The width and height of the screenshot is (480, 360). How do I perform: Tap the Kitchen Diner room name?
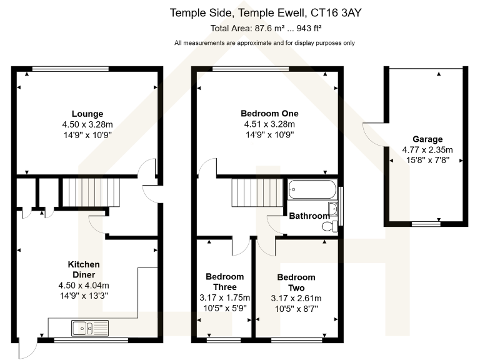(87, 269)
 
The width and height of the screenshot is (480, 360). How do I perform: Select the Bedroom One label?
(269, 114)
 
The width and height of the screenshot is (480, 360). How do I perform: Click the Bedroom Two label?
(296, 282)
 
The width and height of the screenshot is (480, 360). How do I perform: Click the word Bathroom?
(309, 216)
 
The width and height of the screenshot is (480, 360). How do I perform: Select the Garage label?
(427, 139)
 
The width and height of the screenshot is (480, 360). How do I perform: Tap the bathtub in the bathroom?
(312, 189)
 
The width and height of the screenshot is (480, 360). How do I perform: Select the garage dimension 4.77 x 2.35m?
(427, 149)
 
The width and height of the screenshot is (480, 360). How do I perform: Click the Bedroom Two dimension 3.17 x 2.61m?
(296, 297)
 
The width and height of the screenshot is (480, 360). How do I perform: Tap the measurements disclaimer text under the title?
(264, 43)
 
